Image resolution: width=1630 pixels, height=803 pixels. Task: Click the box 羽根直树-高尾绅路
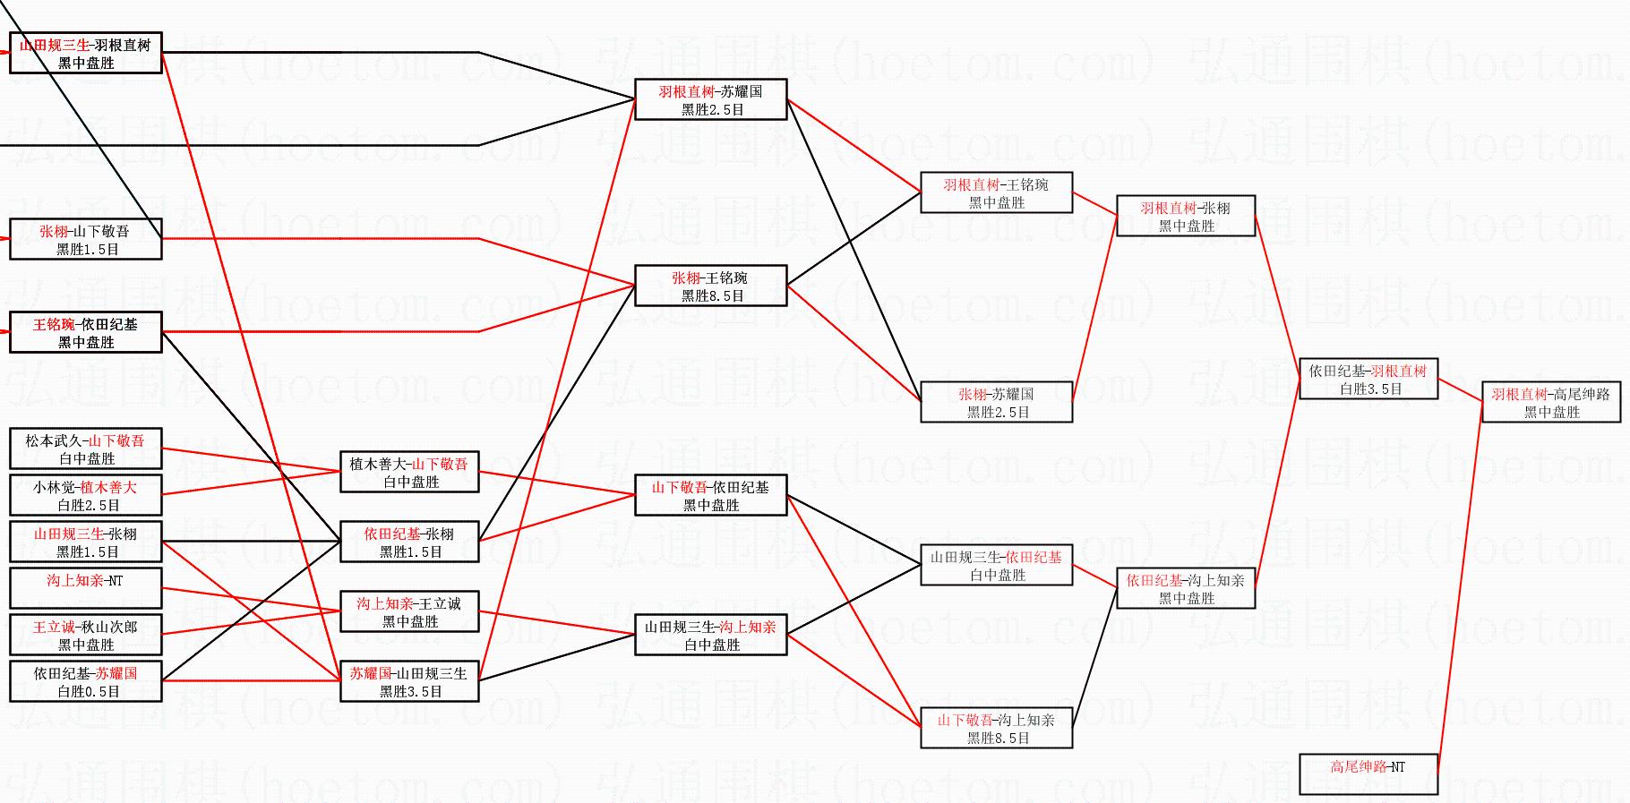(x=1550, y=403)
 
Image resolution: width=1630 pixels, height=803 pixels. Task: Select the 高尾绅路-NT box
(x=1368, y=774)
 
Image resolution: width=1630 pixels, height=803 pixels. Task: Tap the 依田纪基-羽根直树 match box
(x=1368, y=380)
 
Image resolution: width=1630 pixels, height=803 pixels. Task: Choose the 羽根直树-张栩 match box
(x=1185, y=217)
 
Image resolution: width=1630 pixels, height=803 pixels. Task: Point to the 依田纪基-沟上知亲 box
(x=1185, y=589)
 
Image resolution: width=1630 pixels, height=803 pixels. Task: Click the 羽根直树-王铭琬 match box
(x=996, y=193)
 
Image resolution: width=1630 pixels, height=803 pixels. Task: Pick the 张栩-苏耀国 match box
(x=996, y=403)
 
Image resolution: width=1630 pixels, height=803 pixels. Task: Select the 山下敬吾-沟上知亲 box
(x=996, y=729)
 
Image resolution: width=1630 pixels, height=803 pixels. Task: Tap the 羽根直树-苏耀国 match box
(x=710, y=100)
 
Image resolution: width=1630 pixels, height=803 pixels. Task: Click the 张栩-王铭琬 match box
(x=710, y=286)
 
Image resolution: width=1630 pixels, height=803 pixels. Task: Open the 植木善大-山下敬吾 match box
(x=409, y=473)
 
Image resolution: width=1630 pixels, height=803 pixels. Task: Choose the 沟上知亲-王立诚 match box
(x=409, y=612)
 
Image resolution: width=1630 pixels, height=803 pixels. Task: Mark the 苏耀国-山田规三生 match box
(x=409, y=682)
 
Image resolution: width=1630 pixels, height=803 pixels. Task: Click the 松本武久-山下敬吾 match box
(x=86, y=449)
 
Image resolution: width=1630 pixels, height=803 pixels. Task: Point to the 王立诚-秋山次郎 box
(x=86, y=636)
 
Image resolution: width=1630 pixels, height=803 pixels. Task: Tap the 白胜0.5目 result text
(x=88, y=691)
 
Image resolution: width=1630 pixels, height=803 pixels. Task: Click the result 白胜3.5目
(x=1370, y=389)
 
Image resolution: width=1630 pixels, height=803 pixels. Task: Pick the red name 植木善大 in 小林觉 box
(x=108, y=488)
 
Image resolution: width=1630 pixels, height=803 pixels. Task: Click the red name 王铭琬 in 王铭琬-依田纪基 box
(x=54, y=325)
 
